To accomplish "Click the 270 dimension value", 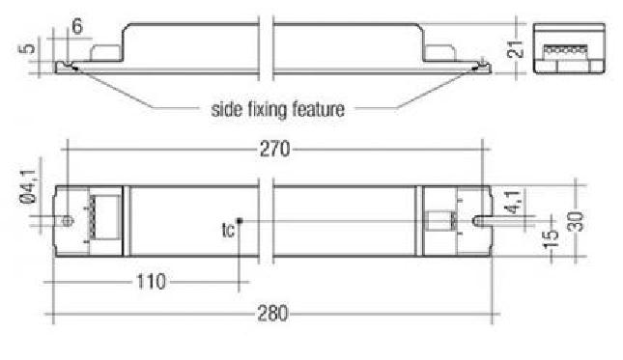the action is pos(274,150).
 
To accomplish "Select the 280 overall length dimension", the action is pos(272,314).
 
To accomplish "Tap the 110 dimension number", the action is pos(151,282).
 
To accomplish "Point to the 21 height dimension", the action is pos(515,49).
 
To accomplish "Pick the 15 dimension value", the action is pos(551,239).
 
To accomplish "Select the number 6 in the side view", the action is pos(77,27).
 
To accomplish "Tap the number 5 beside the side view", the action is pos(27,48).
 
